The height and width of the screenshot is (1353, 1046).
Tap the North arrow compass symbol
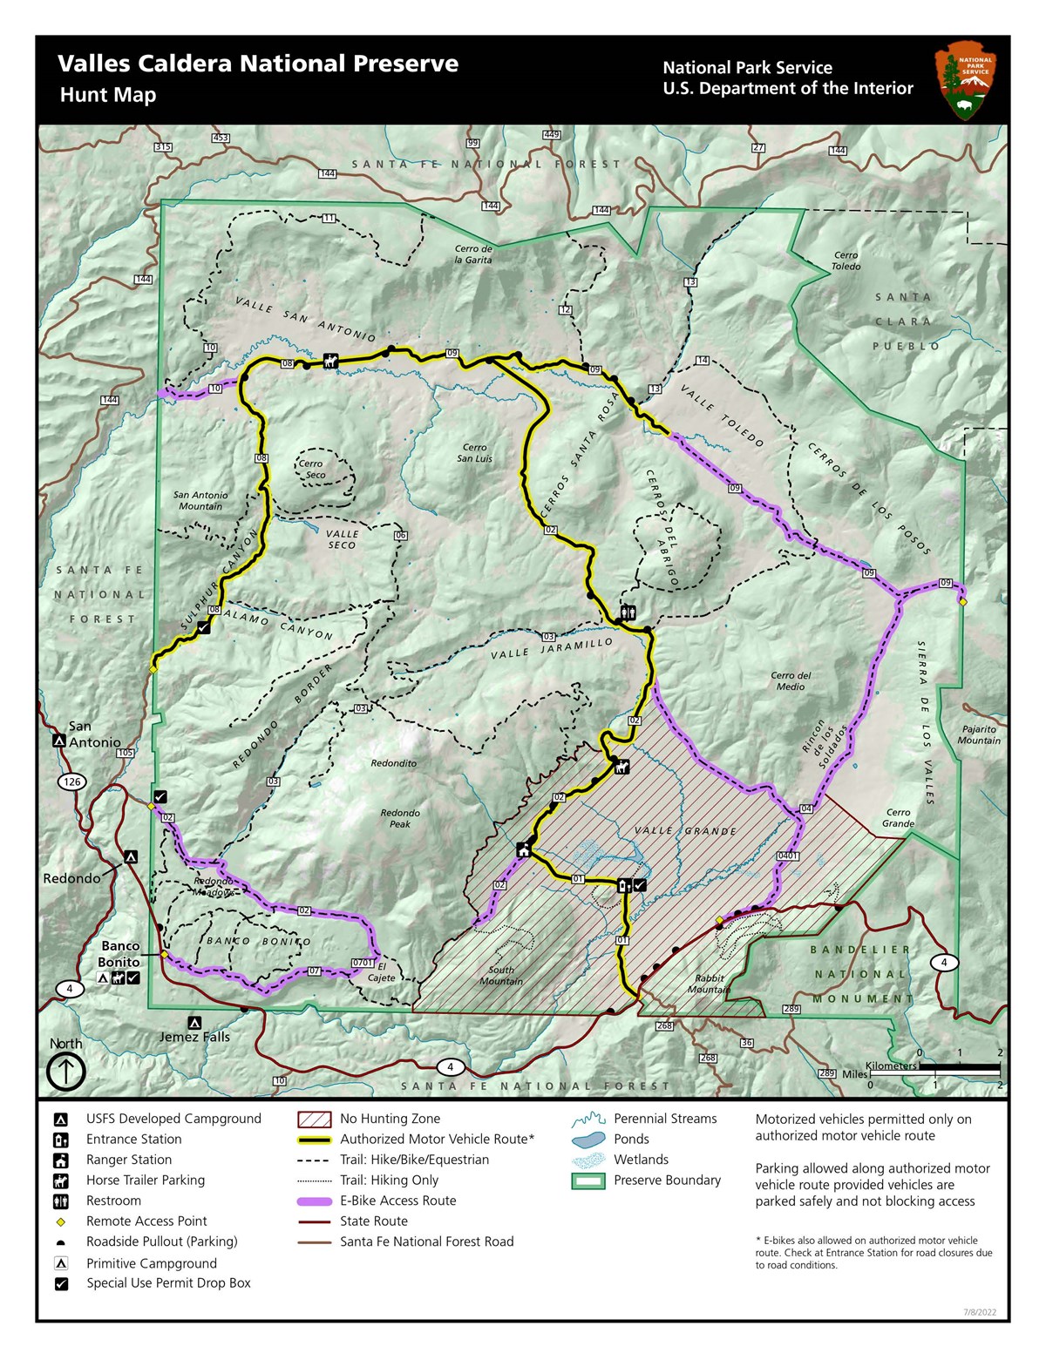coord(65,1071)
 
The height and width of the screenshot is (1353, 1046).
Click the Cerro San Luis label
coord(474,453)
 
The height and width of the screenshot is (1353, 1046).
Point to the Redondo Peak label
coord(400,818)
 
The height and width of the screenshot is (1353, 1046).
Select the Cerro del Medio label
coord(791,680)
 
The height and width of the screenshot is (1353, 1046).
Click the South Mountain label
coord(501,975)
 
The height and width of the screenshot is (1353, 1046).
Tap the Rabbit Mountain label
coord(709,984)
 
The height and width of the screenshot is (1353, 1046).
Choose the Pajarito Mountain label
coord(979,734)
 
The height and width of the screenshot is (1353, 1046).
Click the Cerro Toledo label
coord(845,260)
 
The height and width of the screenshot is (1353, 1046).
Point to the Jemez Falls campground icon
coord(194,1023)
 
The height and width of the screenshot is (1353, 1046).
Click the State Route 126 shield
coord(72,781)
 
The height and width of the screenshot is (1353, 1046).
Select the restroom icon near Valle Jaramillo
coord(628,612)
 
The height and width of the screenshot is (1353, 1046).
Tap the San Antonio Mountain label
coord(200,500)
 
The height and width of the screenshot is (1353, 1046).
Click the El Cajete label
coord(381,972)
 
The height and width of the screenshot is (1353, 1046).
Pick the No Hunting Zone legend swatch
coord(314,1119)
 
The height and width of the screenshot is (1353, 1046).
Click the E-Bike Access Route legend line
coord(314,1201)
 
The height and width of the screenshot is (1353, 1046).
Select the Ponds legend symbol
coord(588,1139)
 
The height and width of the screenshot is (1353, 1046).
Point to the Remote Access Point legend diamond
coord(61,1221)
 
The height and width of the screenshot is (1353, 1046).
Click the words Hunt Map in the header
coord(108,95)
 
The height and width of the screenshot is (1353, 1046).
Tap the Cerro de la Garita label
coord(473,254)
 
